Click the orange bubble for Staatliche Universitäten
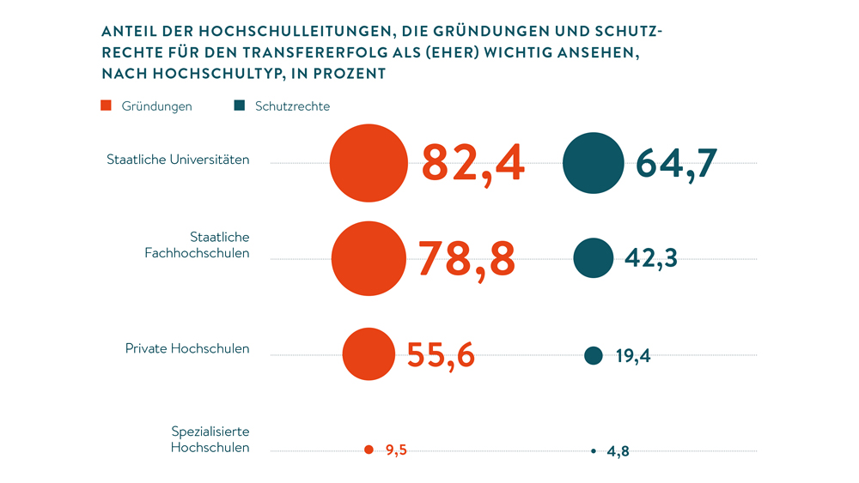coord(369,163)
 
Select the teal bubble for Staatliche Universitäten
coord(593,163)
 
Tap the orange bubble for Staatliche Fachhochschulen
coord(369,258)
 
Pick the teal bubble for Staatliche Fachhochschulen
coord(593,258)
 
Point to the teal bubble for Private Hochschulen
coord(593,355)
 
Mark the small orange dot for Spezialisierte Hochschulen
coord(369,450)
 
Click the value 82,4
coord(472,163)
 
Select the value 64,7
coord(676,163)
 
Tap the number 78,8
coord(466,258)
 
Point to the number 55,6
coord(440,354)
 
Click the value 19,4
coord(633,356)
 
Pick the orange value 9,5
coord(396,450)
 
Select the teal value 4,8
coord(618,451)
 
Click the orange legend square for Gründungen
coord(107,106)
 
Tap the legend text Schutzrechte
coord(292,106)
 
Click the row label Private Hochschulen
coord(187,349)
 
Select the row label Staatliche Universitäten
coord(178,160)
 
